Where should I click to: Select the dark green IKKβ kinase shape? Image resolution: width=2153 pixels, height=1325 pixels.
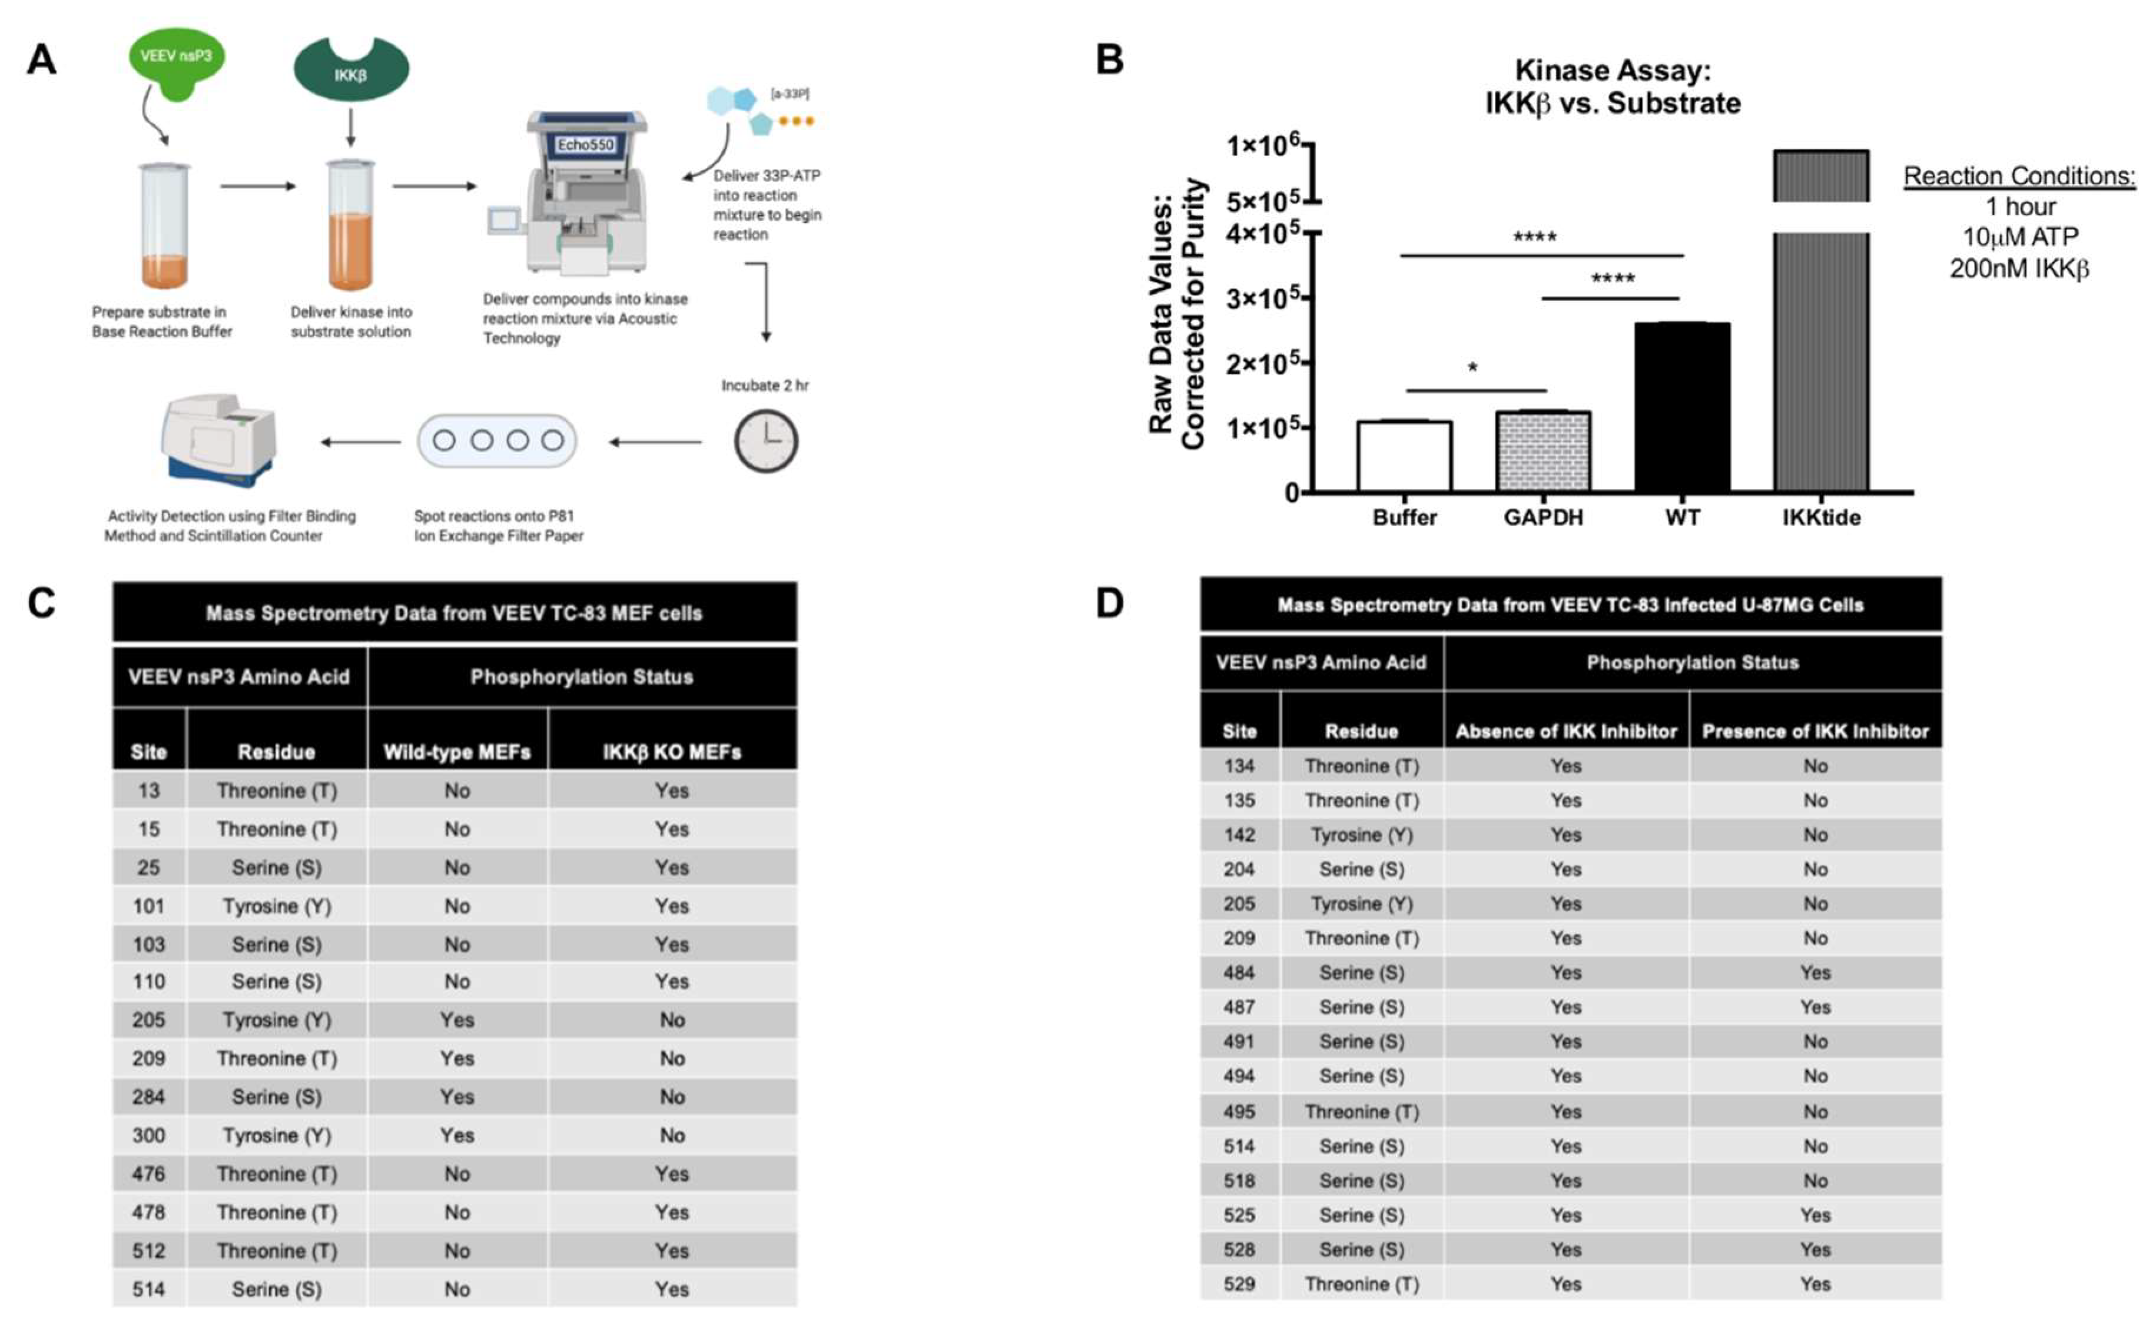click(x=350, y=70)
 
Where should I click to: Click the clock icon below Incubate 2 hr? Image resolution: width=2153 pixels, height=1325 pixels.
click(x=766, y=441)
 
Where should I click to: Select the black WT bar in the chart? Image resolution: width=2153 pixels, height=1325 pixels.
click(x=1681, y=407)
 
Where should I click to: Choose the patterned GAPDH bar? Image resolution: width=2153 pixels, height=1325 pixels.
click(x=1543, y=451)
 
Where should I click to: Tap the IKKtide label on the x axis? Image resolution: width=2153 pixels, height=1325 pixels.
click(x=1821, y=518)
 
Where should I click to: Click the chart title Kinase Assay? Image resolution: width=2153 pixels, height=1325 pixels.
click(x=1613, y=70)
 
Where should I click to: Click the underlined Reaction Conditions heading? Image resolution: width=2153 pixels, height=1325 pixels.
click(x=2019, y=176)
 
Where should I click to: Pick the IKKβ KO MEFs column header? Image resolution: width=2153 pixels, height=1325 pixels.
click(x=671, y=752)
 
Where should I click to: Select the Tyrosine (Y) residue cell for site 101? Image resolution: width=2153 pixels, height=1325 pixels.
click(x=277, y=905)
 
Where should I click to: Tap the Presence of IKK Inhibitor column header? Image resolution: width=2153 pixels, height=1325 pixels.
click(x=1814, y=731)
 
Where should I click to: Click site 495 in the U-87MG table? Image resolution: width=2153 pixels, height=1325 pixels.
click(x=1239, y=1111)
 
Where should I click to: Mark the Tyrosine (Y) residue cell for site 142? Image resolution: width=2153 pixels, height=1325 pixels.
click(x=1362, y=834)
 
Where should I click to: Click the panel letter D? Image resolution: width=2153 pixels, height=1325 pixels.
click(x=1109, y=604)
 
